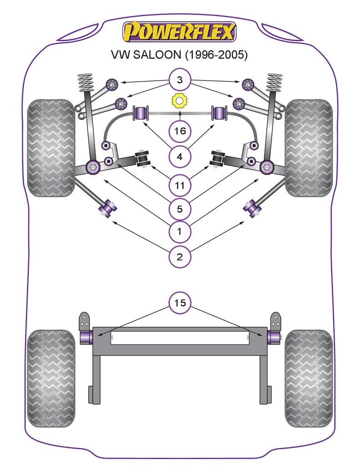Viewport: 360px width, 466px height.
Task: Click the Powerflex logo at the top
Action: (179, 32)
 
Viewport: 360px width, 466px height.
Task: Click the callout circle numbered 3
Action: (180, 81)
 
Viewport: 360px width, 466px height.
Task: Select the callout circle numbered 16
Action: (180, 132)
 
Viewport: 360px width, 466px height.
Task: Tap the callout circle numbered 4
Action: (180, 157)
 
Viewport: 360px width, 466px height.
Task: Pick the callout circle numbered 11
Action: (180, 185)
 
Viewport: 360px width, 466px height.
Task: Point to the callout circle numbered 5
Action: (180, 209)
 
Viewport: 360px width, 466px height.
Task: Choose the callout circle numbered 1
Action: (180, 232)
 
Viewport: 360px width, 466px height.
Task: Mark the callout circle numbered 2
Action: (180, 257)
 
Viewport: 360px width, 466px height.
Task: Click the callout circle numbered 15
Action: (180, 303)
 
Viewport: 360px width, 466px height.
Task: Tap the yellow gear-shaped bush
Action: (179, 100)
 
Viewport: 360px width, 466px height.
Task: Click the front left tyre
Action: (51, 148)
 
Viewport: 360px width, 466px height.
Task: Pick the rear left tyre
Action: (51, 378)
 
